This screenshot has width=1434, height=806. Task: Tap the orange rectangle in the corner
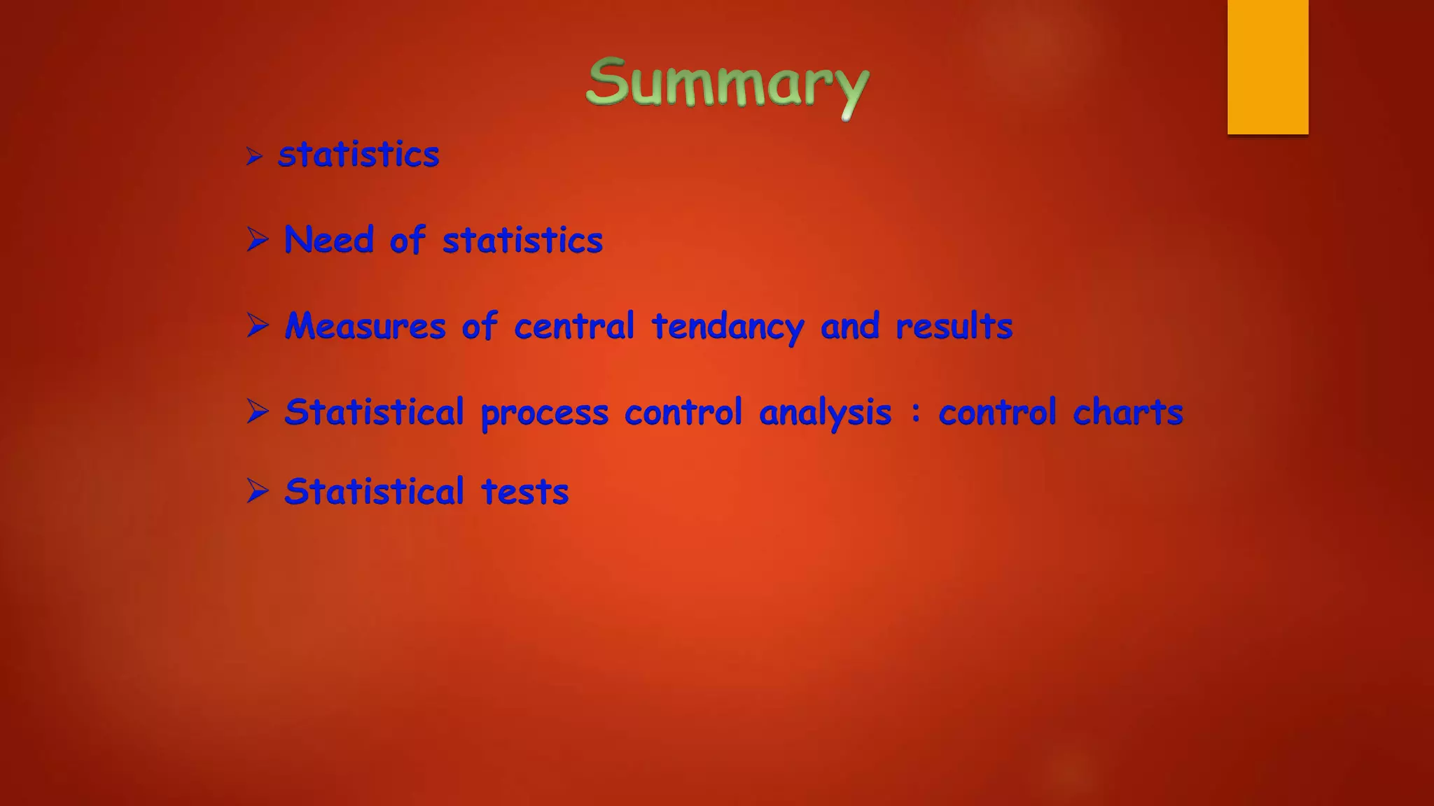(1267, 66)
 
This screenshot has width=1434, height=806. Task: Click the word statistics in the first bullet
(358, 155)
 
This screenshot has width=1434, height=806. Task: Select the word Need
(329, 240)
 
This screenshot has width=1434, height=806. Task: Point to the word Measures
(365, 326)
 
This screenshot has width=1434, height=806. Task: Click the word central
(573, 326)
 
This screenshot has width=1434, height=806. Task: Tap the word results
(954, 326)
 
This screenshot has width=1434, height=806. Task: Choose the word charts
(1127, 412)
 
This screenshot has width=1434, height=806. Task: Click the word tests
(524, 492)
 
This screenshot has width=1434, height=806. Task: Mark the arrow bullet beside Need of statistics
(258, 239)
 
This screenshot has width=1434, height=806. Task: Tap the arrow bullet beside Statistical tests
(258, 490)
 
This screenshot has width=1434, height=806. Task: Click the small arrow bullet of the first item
(254, 155)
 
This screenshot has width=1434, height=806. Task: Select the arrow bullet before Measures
(258, 325)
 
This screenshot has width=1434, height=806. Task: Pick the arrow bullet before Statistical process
(258, 411)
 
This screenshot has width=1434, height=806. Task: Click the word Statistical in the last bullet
(374, 491)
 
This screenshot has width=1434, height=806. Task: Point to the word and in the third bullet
(849, 326)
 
